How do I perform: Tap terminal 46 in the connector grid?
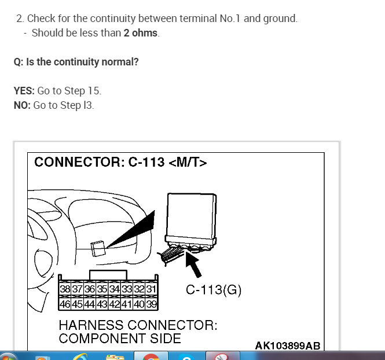point(65,303)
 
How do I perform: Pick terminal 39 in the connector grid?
point(152,303)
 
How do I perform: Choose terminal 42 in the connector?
point(115,303)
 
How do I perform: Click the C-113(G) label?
point(214,291)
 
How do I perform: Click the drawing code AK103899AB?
point(287,346)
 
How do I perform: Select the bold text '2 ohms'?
point(140,33)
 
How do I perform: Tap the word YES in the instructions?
point(24,91)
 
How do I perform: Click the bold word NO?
point(21,105)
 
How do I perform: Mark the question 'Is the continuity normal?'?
point(82,62)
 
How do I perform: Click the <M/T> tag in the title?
point(188,163)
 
